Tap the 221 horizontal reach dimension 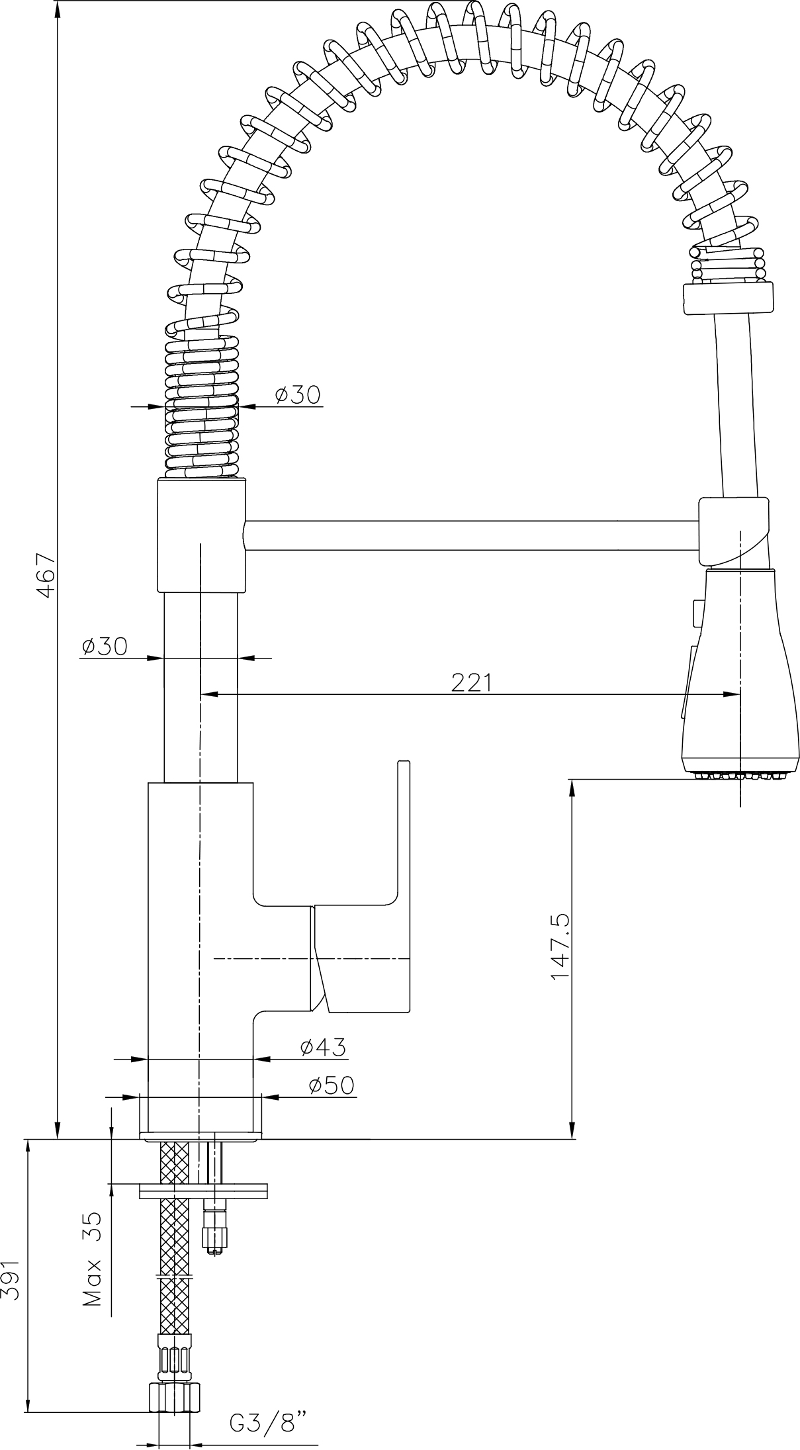pos(472,682)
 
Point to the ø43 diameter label pos(323,1046)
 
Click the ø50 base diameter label pos(332,1085)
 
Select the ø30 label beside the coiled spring pos(297,394)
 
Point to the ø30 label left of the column pos(104,646)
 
